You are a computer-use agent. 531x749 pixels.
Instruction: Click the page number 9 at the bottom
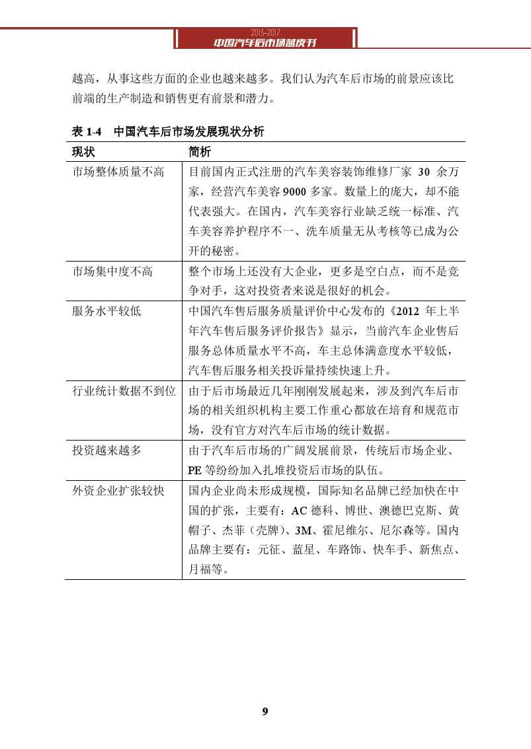pyautogui.click(x=265, y=711)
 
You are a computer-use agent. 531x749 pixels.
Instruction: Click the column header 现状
pyautogui.click(x=83, y=152)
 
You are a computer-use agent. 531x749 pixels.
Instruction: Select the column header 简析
pyautogui.click(x=200, y=152)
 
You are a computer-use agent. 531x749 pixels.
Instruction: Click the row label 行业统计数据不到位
pyautogui.click(x=124, y=391)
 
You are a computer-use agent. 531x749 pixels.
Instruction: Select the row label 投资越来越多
pyautogui.click(x=106, y=451)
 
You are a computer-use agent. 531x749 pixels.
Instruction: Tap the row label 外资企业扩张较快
pyautogui.click(x=118, y=491)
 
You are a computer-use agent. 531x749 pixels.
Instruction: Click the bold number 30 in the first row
pyautogui.click(x=424, y=172)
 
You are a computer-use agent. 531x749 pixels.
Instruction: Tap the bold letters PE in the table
pyautogui.click(x=194, y=471)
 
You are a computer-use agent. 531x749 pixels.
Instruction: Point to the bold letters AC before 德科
pyautogui.click(x=299, y=511)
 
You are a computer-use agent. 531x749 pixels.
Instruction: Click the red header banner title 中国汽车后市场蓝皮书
pyautogui.click(x=265, y=42)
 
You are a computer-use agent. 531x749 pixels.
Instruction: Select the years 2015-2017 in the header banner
pyautogui.click(x=265, y=32)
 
